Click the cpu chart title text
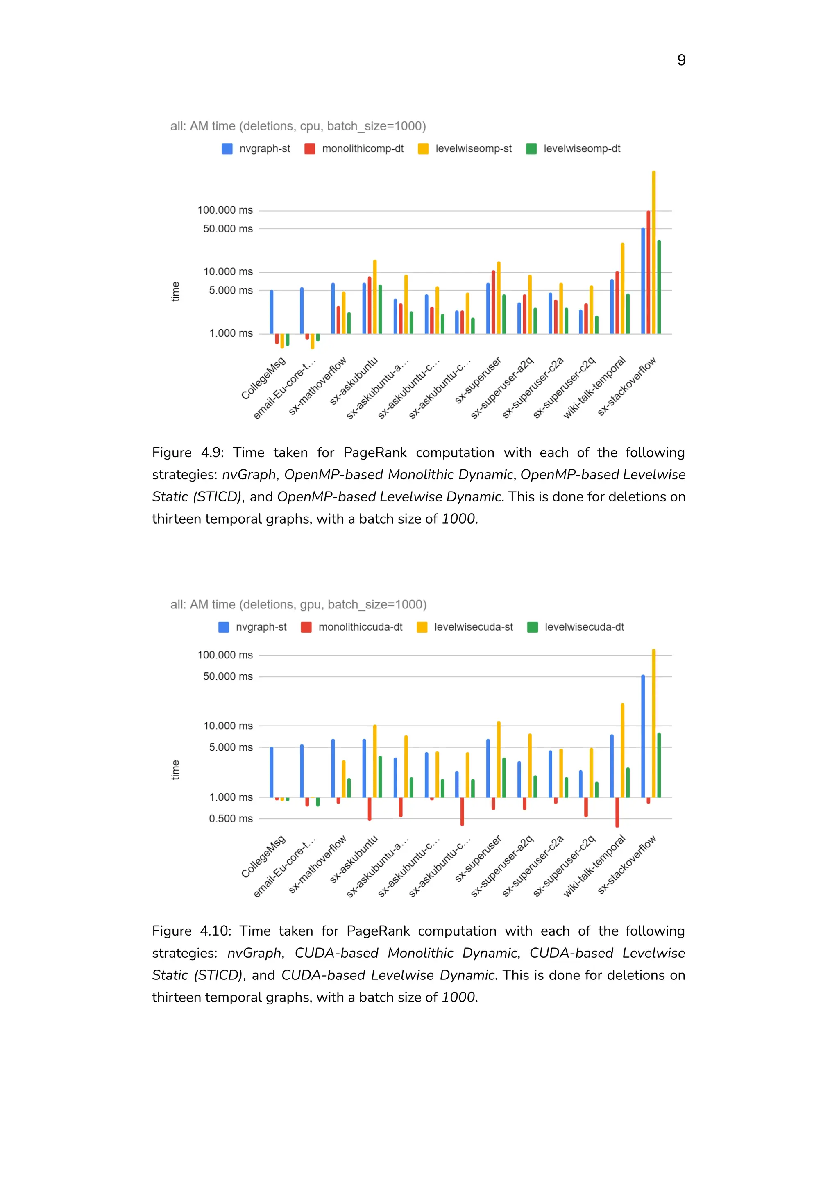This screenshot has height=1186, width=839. [298, 126]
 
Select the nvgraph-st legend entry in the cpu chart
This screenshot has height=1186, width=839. [256, 149]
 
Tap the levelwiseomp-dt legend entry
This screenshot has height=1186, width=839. [573, 149]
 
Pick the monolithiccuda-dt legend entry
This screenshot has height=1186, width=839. [352, 627]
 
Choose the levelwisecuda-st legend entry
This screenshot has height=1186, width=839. [465, 627]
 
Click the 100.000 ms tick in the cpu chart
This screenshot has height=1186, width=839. [225, 210]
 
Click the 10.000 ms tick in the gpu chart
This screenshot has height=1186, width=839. [228, 726]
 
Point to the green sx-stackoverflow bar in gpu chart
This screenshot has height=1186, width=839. [659, 765]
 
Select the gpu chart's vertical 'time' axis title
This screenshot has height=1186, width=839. [176, 770]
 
